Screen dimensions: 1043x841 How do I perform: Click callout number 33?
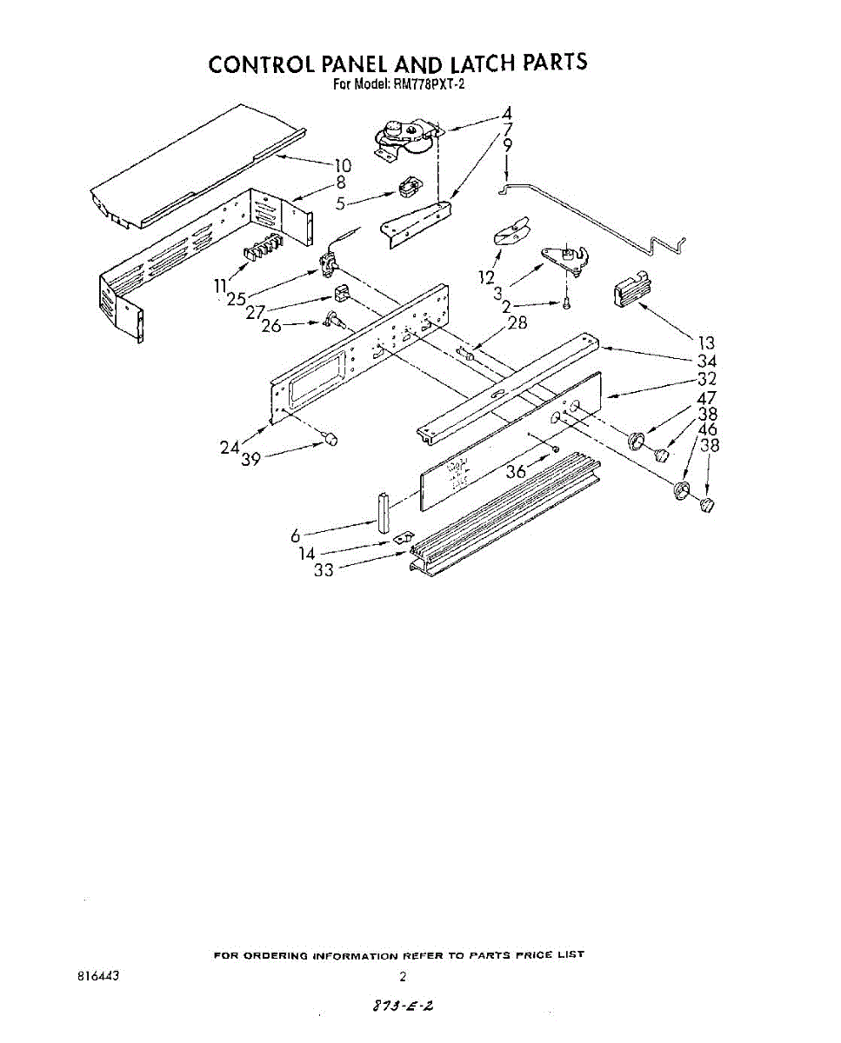pyautogui.click(x=324, y=571)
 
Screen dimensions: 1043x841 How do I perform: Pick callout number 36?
pyautogui.click(x=517, y=472)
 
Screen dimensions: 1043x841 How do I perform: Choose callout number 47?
pyautogui.click(x=707, y=398)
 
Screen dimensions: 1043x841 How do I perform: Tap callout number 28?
pyautogui.click(x=517, y=323)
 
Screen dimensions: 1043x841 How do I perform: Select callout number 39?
pyautogui.click(x=250, y=460)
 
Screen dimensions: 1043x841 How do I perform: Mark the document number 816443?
pyautogui.click(x=97, y=976)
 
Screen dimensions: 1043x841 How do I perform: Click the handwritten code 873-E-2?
pyautogui.click(x=403, y=1006)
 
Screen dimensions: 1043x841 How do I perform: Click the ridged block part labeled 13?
pyautogui.click(x=632, y=288)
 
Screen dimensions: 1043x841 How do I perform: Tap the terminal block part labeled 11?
pyautogui.click(x=261, y=249)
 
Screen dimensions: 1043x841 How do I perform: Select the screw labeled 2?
pyautogui.click(x=566, y=303)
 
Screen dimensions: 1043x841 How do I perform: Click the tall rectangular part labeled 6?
pyautogui.click(x=383, y=512)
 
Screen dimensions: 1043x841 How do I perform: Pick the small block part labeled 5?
pyautogui.click(x=407, y=189)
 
